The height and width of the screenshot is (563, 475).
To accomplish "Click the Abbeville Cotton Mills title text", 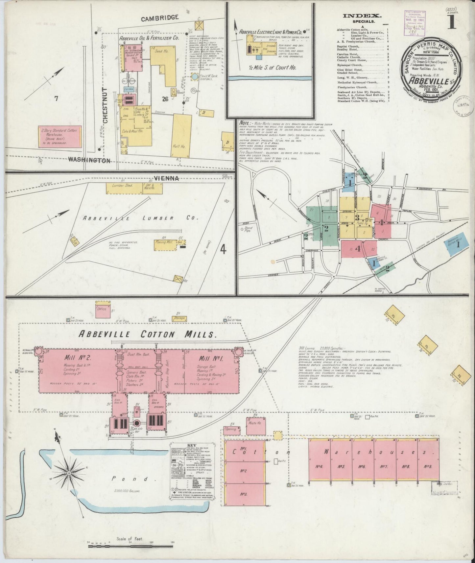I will pos(148,334).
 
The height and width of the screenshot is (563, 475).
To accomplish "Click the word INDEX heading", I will pos(362,15).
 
